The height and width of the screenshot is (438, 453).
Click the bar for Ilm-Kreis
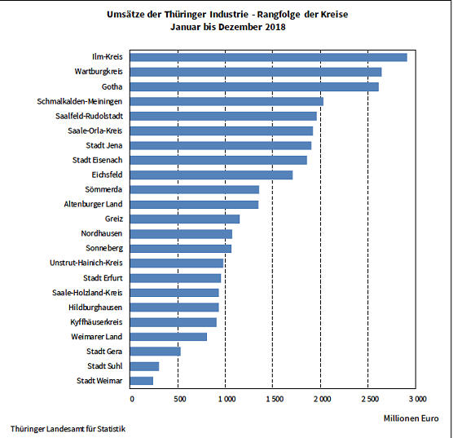click(x=269, y=57)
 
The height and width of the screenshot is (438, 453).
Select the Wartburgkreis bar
click(x=256, y=72)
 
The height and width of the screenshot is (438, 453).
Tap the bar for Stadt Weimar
click(x=142, y=381)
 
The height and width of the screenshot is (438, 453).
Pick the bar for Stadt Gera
click(x=156, y=352)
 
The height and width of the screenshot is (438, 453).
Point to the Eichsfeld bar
click(x=212, y=175)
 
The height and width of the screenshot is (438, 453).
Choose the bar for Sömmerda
click(x=195, y=189)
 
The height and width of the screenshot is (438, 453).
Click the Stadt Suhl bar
click(x=145, y=366)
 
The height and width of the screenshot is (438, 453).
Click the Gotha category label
click(x=112, y=86)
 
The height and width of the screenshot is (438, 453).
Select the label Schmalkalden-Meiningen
click(x=80, y=101)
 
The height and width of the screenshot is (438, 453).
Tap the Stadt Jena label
click(x=104, y=145)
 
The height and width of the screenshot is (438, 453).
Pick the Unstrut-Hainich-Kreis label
click(x=86, y=263)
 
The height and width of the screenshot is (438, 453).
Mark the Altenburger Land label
click(x=93, y=204)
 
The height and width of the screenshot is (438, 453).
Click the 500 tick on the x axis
click(x=178, y=399)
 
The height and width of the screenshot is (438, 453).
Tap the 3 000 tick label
click(x=416, y=399)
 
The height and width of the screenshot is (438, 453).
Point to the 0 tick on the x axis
click(x=131, y=399)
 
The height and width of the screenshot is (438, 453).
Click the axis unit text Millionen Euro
click(x=411, y=418)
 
